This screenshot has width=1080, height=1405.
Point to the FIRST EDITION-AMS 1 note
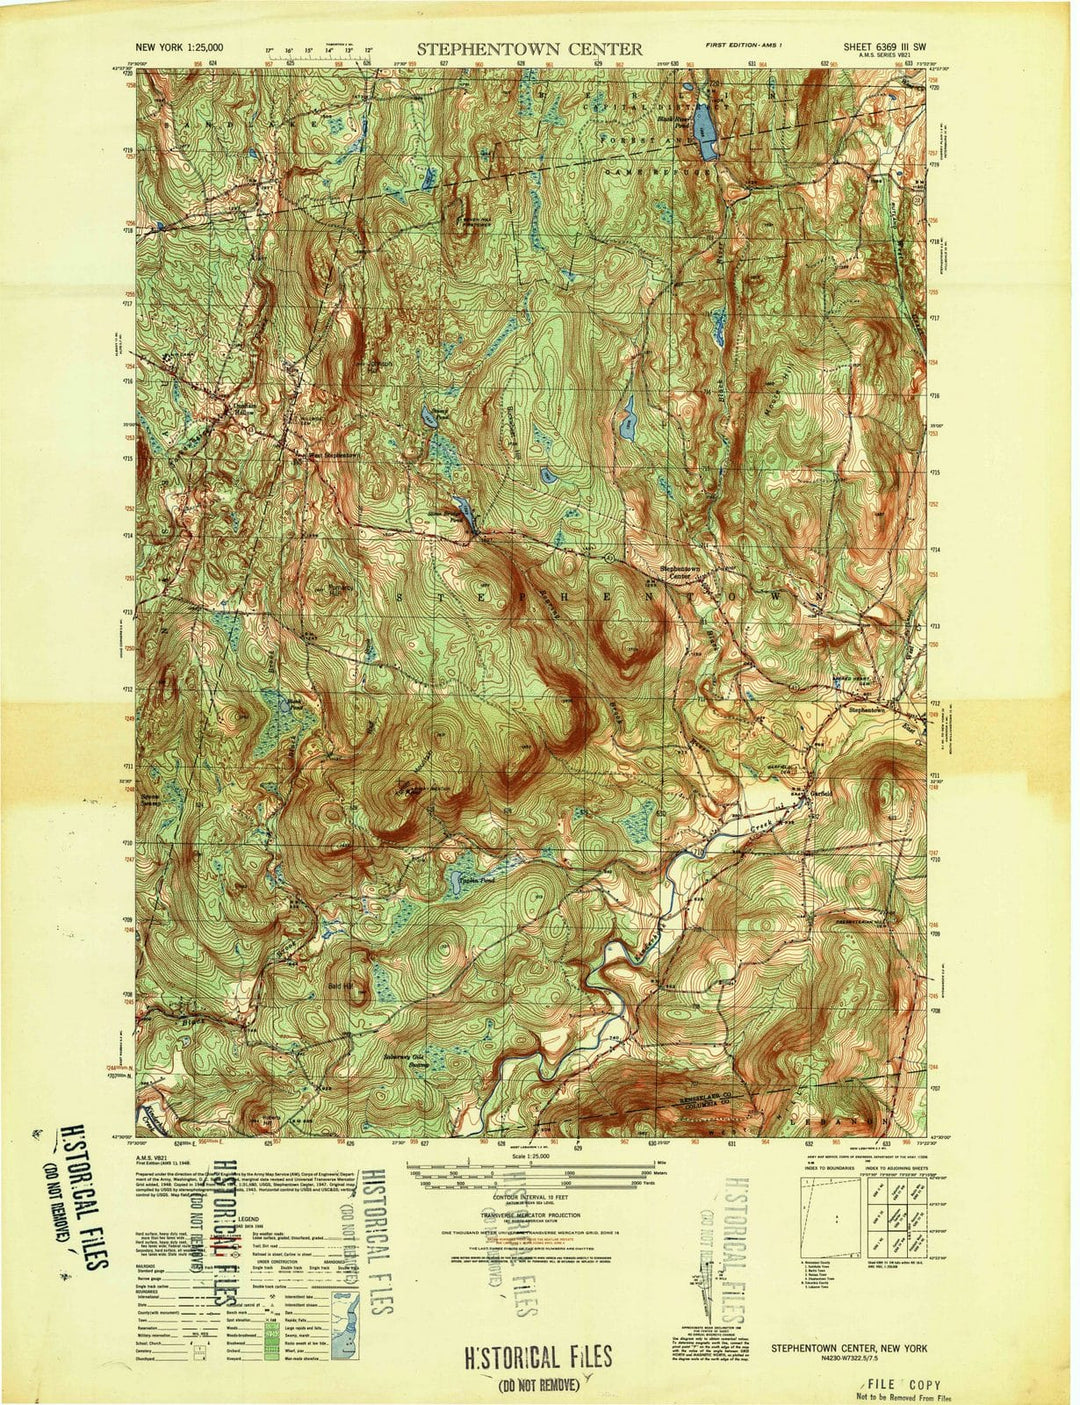pos(743,46)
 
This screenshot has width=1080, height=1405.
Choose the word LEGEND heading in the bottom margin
pos(249,1219)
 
